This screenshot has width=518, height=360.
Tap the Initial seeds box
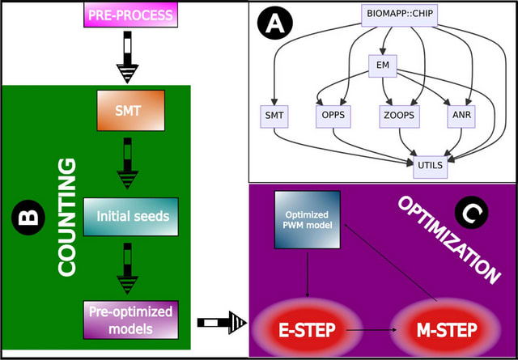click(129, 217)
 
